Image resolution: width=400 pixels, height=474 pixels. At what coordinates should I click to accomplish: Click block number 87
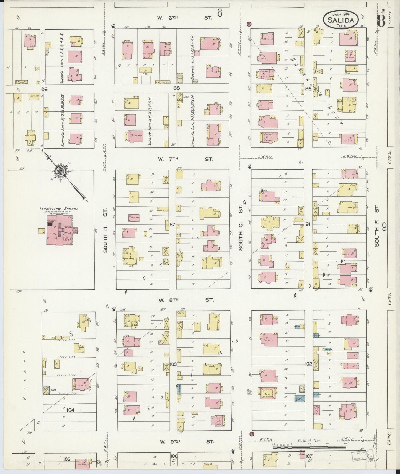(172, 225)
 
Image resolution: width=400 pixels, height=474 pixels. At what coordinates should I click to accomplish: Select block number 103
(173, 364)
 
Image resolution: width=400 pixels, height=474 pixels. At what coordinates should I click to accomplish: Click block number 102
(308, 364)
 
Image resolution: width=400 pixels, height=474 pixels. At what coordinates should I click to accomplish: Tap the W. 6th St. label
(185, 17)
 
